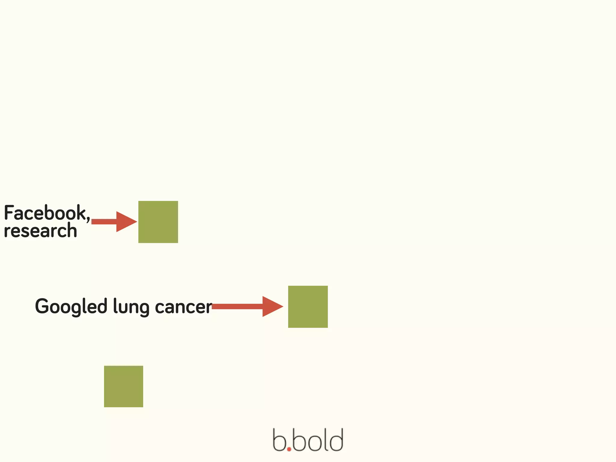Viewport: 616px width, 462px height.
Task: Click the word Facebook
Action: point(45,213)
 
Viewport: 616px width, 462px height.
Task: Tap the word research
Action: point(40,231)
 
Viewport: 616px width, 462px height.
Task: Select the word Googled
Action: point(71,306)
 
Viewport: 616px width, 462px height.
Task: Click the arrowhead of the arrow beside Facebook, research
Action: point(126,222)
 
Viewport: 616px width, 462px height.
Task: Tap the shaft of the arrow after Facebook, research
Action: point(104,222)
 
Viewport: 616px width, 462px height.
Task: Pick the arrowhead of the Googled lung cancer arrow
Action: point(272,306)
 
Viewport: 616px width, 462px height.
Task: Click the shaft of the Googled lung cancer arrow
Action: point(238,306)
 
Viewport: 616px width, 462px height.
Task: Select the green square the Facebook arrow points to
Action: point(158,222)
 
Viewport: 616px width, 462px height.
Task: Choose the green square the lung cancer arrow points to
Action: point(308,307)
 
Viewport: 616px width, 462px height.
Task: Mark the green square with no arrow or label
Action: point(124,387)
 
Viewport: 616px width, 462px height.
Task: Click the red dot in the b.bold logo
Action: point(289,449)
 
